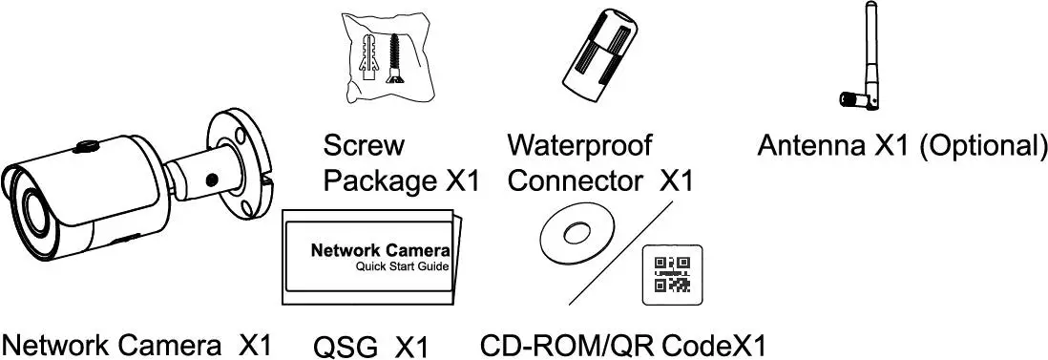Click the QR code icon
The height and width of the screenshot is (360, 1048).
tap(673, 273)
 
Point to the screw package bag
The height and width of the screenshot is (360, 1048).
tap(381, 58)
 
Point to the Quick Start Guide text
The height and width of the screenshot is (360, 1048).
tap(401, 266)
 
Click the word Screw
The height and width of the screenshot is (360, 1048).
tap(364, 146)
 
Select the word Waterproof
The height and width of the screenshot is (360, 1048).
tap(579, 146)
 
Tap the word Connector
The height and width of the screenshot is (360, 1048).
tap(576, 180)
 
